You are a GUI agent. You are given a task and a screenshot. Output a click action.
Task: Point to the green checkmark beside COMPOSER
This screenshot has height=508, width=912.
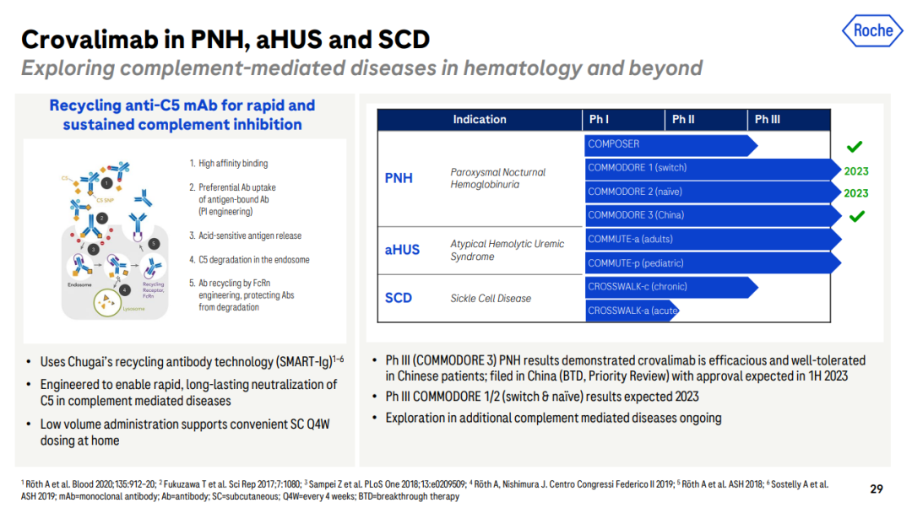point(855,147)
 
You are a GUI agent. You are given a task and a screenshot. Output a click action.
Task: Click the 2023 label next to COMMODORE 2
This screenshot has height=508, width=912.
point(855,193)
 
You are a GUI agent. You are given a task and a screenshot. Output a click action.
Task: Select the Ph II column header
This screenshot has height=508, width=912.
point(683,120)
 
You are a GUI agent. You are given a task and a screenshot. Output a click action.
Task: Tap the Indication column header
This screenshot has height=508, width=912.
point(480,120)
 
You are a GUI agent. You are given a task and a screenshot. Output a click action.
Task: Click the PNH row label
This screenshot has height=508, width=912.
point(399,178)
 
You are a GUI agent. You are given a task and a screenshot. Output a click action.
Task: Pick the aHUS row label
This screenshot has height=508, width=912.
point(402,250)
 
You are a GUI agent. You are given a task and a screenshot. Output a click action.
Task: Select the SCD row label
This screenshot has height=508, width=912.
point(399,298)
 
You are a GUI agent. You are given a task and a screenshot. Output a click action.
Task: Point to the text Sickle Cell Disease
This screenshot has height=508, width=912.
point(491,298)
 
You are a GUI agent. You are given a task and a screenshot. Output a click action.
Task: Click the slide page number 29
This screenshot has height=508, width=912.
point(877,489)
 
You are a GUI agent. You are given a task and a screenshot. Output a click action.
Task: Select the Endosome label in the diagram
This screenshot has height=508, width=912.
point(79,285)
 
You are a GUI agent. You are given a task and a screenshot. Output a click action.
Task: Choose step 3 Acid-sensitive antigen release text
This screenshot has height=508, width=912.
point(245,236)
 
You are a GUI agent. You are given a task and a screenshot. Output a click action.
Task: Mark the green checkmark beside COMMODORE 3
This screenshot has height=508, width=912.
point(855,217)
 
